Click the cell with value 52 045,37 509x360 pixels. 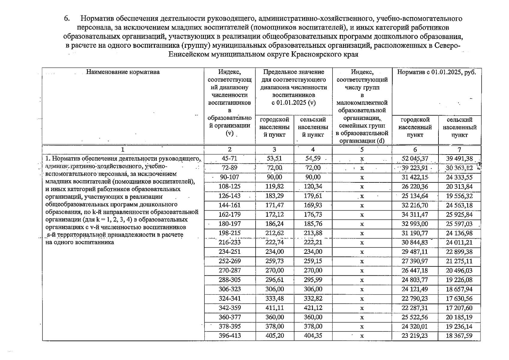(x=415, y=158)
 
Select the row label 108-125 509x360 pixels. (x=230, y=186)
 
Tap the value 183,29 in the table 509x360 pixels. (x=275, y=196)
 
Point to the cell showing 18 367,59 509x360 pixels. (x=459, y=335)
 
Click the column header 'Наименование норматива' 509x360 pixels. (x=123, y=72)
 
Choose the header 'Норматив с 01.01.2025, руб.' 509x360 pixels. (x=436, y=72)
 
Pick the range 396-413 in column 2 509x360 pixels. (x=230, y=335)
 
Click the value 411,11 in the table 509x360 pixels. (x=275, y=308)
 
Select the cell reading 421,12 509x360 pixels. (x=313, y=308)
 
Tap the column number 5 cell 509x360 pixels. (x=362, y=149)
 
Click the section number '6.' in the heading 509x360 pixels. (x=67, y=19)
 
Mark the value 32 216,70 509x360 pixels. (x=415, y=205)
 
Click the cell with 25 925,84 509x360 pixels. (x=459, y=214)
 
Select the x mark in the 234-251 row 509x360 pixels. (x=362, y=252)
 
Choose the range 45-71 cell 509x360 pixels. (x=230, y=158)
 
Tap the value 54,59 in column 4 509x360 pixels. (x=313, y=158)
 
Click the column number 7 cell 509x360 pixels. (x=459, y=149)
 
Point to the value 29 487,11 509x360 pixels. (x=415, y=252)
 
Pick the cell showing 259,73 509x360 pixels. (x=275, y=261)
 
